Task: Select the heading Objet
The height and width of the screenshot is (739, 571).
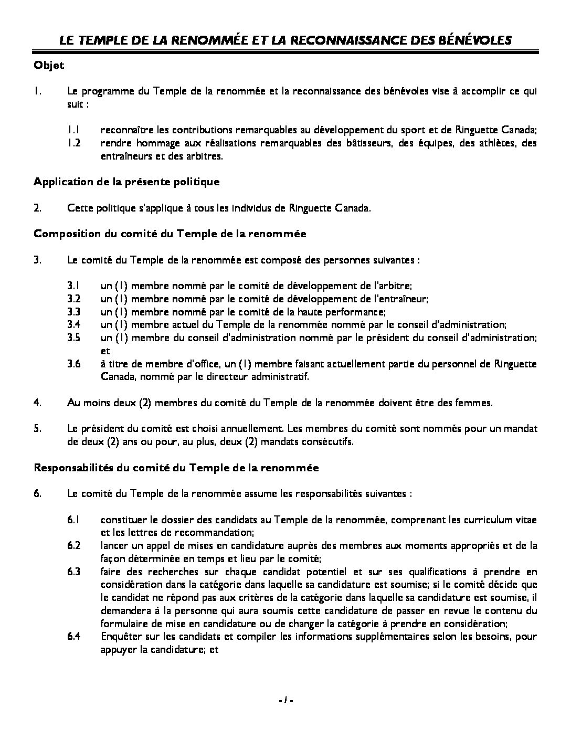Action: click(49, 65)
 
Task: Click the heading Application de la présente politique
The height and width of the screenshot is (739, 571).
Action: click(126, 182)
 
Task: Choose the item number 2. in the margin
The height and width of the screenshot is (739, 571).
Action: click(37, 208)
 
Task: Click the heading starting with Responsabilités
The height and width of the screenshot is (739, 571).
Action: click(176, 468)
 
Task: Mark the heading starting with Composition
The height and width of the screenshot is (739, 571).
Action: click(170, 234)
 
